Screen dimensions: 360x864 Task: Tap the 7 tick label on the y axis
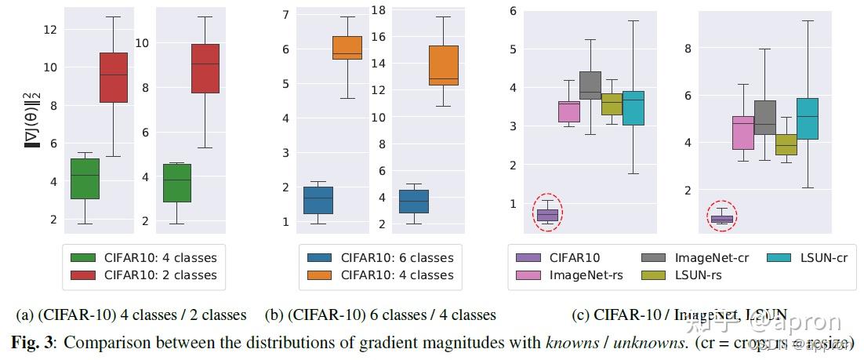(286, 14)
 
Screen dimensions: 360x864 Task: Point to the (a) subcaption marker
(25, 315)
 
